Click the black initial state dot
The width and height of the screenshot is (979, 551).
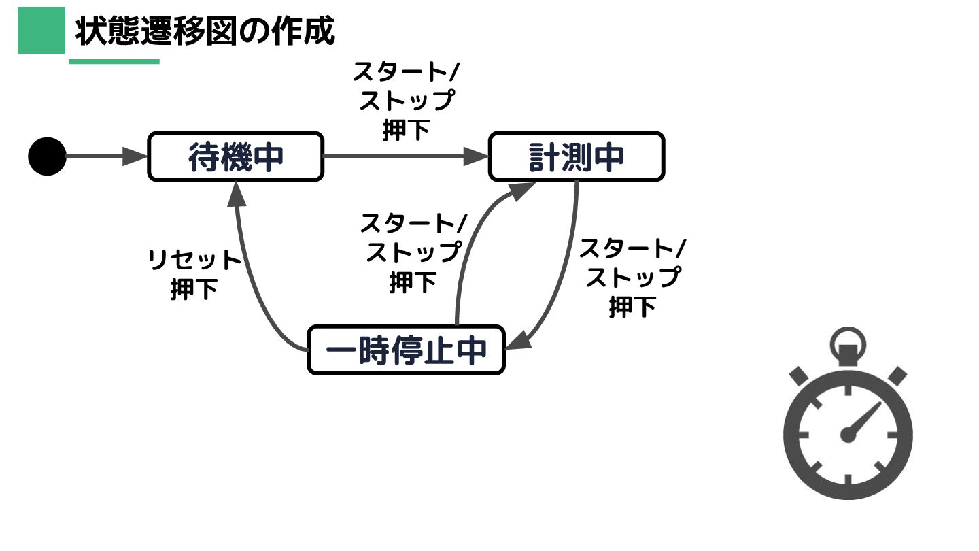click(x=47, y=156)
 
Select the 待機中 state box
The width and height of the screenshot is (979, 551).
click(x=235, y=156)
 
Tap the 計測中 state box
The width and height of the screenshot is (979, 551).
click(x=576, y=156)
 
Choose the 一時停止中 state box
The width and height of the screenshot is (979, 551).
click(x=406, y=350)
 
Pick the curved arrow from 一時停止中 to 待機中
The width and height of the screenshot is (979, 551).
click(x=252, y=286)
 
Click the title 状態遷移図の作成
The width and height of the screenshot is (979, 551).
click(x=205, y=31)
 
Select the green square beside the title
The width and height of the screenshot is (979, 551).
click(x=41, y=31)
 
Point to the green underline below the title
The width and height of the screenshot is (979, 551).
click(x=114, y=61)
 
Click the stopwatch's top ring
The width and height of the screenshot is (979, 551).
click(x=848, y=338)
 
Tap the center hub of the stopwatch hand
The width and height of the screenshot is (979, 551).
click(x=847, y=434)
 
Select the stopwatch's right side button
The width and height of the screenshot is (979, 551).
click(x=897, y=376)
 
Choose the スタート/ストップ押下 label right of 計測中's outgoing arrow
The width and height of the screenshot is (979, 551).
click(x=632, y=277)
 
